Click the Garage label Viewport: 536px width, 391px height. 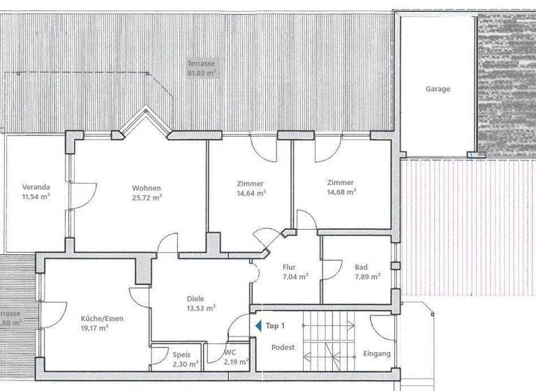click(x=438, y=89)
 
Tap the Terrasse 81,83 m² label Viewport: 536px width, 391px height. click(x=201, y=67)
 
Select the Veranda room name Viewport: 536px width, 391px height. click(x=36, y=187)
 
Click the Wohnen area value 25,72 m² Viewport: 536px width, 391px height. click(x=147, y=198)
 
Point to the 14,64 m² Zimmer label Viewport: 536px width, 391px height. click(x=251, y=193)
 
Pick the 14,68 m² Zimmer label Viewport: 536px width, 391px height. click(x=341, y=192)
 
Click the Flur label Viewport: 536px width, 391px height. click(x=289, y=266)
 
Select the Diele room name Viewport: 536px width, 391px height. click(x=196, y=297)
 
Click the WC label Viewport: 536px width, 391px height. click(x=231, y=353)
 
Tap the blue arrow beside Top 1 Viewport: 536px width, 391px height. click(x=258, y=326)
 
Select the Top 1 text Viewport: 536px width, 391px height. click(x=276, y=326)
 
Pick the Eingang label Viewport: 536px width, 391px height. click(x=377, y=354)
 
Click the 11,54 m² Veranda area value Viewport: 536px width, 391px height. click(x=36, y=197)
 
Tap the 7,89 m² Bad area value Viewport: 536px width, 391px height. click(x=366, y=276)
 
